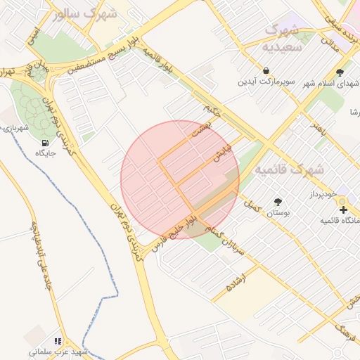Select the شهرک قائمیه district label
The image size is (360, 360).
tap(289, 170)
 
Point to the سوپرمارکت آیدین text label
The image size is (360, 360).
tap(266, 83)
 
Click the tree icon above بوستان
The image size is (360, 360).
tap(278, 201)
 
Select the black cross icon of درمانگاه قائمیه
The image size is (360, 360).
tap(342, 210)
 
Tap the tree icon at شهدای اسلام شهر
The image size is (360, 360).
tap(340, 72)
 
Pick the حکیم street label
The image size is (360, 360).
tap(212, 108)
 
